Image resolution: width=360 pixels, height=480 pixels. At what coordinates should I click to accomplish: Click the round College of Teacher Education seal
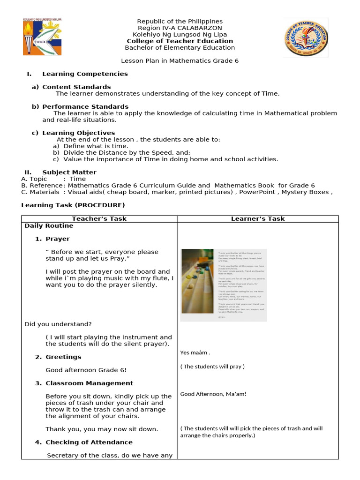[306, 38]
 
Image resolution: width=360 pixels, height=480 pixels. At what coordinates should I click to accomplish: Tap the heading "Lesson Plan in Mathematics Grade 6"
[180, 61]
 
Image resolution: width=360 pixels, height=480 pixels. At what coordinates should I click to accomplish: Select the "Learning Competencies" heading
[85, 74]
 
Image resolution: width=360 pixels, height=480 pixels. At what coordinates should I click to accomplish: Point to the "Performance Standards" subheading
[85, 106]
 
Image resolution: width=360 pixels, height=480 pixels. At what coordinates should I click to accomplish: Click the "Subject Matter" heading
[69, 172]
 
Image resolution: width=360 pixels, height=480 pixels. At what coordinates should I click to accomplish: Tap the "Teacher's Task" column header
[99, 218]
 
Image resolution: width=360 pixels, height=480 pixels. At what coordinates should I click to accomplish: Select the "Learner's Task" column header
[258, 218]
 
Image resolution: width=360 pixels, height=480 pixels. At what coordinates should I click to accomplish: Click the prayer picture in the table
[224, 285]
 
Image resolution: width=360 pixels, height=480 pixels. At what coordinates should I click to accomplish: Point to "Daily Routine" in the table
[49, 225]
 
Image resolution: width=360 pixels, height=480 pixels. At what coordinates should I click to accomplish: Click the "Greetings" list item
[63, 357]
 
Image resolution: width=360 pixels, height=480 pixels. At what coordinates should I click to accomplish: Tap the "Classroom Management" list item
[89, 383]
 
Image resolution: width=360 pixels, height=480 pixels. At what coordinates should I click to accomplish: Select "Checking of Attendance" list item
[89, 442]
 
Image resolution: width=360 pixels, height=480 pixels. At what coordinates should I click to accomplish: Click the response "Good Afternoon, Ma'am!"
[213, 394]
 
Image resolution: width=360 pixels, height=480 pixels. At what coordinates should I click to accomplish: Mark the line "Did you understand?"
[58, 324]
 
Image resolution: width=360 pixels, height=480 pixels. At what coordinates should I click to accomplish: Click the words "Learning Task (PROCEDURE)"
[73, 205]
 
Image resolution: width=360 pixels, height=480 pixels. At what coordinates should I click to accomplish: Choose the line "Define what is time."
[96, 146]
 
